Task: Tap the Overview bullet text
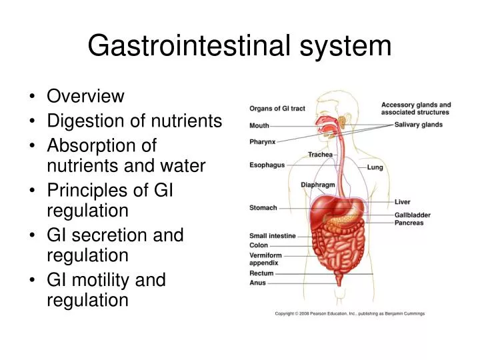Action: point(85,96)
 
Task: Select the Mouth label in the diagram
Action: point(259,125)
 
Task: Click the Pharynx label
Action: point(262,141)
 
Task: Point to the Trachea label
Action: point(320,155)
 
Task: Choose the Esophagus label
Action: point(267,165)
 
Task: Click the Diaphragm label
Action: point(317,185)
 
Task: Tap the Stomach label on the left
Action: point(263,207)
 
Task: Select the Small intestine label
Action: point(272,235)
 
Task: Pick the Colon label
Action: point(259,245)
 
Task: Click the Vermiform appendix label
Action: point(265,259)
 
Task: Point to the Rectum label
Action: point(261,273)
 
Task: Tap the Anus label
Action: point(257,283)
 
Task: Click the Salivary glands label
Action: point(419,125)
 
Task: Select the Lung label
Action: point(375,167)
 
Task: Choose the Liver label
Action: point(403,201)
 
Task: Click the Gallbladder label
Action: point(413,215)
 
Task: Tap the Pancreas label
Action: point(409,223)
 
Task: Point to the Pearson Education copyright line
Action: point(350,313)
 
